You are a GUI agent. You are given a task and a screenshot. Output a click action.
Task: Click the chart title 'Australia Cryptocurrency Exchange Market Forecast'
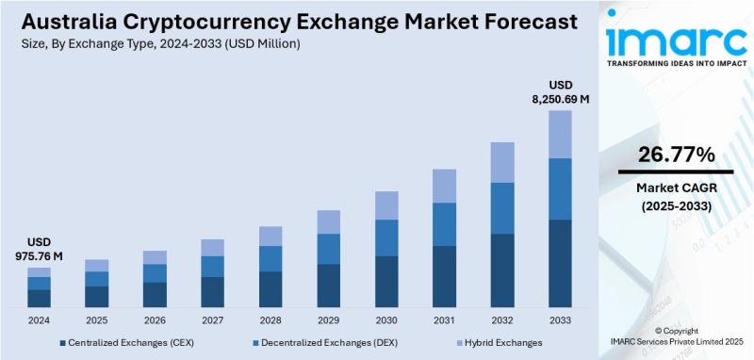click(x=290, y=20)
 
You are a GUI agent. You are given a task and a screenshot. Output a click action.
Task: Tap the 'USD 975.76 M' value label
click(x=39, y=249)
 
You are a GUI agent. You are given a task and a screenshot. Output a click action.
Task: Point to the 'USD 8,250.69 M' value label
click(x=560, y=90)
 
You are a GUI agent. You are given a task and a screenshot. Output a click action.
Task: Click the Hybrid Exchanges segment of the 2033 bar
click(x=560, y=134)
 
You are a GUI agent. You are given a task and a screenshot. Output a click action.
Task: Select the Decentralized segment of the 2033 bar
click(x=560, y=188)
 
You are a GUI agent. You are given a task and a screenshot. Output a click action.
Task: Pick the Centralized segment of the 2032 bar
click(x=502, y=270)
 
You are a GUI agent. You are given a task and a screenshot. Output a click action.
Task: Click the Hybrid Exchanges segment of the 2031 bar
click(x=444, y=186)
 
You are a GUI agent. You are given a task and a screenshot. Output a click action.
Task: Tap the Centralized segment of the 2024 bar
click(x=39, y=298)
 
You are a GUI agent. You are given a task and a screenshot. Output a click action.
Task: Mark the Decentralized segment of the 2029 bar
click(x=328, y=249)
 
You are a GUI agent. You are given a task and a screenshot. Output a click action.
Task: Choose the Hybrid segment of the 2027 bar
click(x=213, y=247)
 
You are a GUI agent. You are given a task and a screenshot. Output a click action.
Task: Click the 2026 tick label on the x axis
click(x=155, y=319)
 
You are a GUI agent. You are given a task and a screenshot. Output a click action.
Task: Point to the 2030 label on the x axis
click(x=386, y=319)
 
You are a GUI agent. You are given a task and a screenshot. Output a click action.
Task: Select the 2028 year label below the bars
click(x=270, y=319)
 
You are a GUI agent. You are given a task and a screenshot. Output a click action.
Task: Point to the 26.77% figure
click(x=675, y=155)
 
